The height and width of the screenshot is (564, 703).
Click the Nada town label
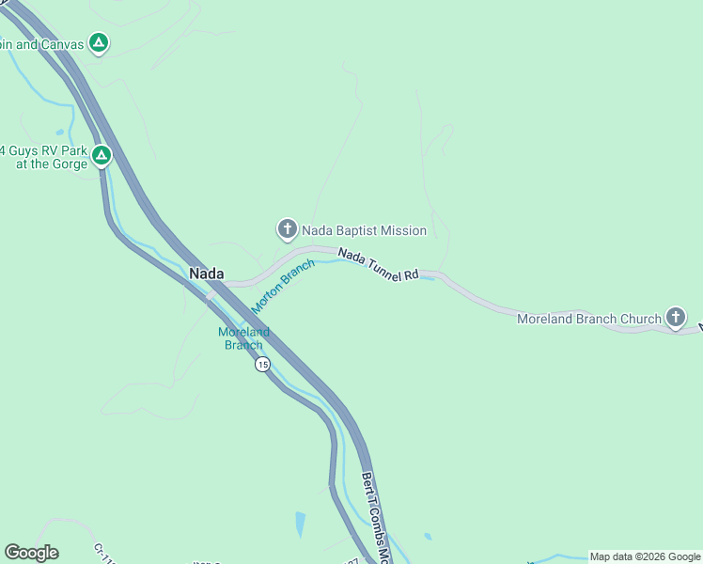click(x=207, y=274)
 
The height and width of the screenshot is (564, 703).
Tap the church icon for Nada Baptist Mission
click(x=287, y=229)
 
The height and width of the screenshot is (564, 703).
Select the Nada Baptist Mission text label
click(x=364, y=230)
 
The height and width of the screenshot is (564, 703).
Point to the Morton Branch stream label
click(x=282, y=287)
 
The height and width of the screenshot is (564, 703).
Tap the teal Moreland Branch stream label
click(x=243, y=338)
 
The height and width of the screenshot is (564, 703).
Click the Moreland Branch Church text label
click(x=589, y=319)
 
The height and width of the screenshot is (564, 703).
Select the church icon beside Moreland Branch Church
click(x=676, y=318)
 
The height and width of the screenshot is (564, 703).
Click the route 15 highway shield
click(x=262, y=365)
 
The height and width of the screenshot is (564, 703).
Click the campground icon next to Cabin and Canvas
click(x=99, y=42)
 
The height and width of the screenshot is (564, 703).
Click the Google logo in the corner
click(x=31, y=553)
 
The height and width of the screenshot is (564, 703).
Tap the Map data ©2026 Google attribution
click(x=645, y=556)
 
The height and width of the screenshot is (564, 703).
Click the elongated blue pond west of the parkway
click(x=300, y=523)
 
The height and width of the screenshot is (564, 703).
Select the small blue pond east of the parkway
click(x=428, y=537)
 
